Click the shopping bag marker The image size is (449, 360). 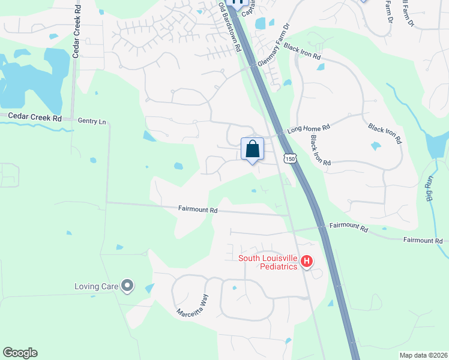[x=252, y=149]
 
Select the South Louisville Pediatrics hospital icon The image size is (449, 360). [x=307, y=261]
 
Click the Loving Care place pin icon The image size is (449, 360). [x=127, y=286]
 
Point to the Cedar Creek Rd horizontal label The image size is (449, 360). [x=31, y=118]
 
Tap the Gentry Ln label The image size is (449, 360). [x=92, y=121]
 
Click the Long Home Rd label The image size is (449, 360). [x=309, y=128]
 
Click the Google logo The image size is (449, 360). [x=20, y=353]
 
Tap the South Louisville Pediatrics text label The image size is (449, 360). [x=268, y=262]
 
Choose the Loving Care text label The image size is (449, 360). [x=96, y=286]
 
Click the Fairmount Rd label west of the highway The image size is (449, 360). [x=197, y=211]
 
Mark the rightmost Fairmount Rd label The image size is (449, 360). [x=423, y=240]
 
